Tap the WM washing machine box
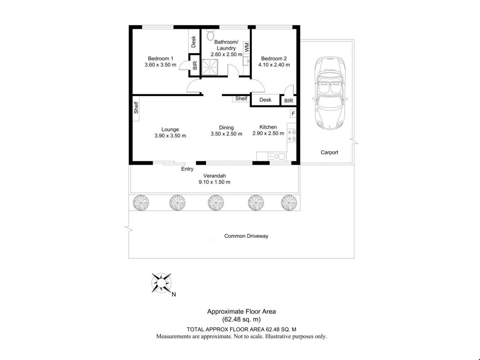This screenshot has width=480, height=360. tap(246, 47)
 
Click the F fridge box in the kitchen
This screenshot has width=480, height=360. tap(293, 114)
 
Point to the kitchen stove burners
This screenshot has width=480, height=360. tap(292, 135)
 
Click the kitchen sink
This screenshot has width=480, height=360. tap(277, 156)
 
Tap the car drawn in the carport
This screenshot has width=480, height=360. tap(330, 93)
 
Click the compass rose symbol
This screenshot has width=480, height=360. tap(161, 283)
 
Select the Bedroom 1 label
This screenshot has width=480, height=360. tap(161, 59)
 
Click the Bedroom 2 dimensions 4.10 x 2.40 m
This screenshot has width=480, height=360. tap(274, 65)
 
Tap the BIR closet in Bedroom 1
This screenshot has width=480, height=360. tap(194, 65)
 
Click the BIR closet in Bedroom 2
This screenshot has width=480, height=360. tap(288, 101)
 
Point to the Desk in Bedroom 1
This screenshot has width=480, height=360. tap(193, 41)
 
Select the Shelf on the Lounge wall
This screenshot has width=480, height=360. tap(136, 108)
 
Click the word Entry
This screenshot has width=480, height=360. tap(187, 169)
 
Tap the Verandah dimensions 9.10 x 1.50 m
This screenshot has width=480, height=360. tap(214, 182)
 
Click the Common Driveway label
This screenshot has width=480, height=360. tap(246, 236)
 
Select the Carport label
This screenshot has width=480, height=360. tap(329, 152)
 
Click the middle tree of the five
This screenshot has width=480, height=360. tap(216, 203)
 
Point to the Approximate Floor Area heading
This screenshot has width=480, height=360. tap(241, 312)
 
